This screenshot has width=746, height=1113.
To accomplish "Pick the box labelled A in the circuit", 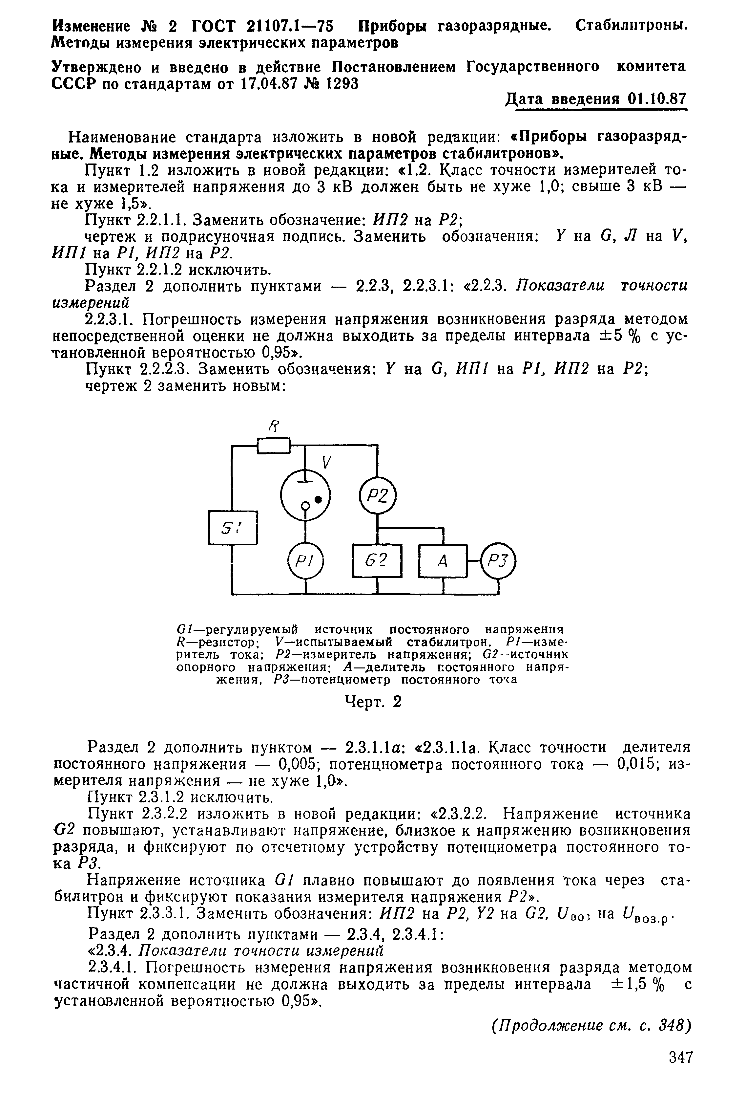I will pos(443,561).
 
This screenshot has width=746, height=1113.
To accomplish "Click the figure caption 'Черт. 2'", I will pos(373,702).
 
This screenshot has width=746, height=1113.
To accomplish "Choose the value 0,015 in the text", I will pos(637,765).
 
